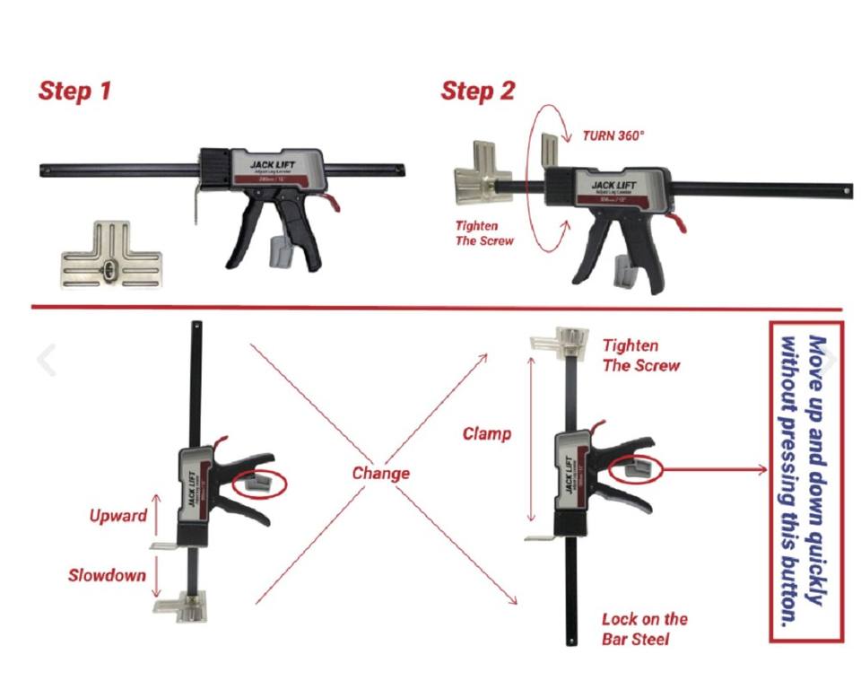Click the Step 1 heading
pyautogui.click(x=74, y=91)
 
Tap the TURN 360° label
pyautogui.click(x=613, y=135)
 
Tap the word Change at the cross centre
pyautogui.click(x=380, y=473)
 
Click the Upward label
pyautogui.click(x=117, y=516)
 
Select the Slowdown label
pyautogui.click(x=107, y=575)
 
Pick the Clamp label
pyautogui.click(x=487, y=434)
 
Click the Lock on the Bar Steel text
pyautogui.click(x=644, y=629)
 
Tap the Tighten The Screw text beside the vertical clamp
pyautogui.click(x=640, y=355)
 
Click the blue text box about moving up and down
pyautogui.click(x=806, y=482)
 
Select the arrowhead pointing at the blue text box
pyautogui.click(x=762, y=468)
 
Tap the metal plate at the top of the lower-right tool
pyautogui.click(x=561, y=340)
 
